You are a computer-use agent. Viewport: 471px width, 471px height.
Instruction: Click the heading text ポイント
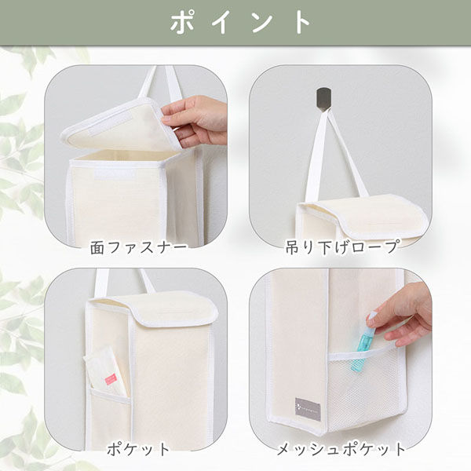pyautogui.click(x=240, y=22)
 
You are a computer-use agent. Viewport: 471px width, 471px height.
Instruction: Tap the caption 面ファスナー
pyautogui.click(x=138, y=248)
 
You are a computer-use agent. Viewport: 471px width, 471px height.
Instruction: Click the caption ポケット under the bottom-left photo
pyautogui.click(x=138, y=450)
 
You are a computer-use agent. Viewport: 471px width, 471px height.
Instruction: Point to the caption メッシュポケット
pyautogui.click(x=341, y=450)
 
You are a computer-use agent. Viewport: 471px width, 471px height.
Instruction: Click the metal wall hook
pyautogui.click(x=323, y=100)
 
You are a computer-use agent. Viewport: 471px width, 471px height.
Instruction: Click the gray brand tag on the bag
pyautogui.click(x=308, y=409)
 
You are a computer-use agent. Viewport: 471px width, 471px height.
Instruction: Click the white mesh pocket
pyautogui.click(x=364, y=388)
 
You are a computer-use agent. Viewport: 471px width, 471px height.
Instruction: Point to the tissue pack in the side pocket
pyautogui.click(x=105, y=372)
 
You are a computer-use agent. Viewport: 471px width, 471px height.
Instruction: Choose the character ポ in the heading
pyautogui.click(x=182, y=23)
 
